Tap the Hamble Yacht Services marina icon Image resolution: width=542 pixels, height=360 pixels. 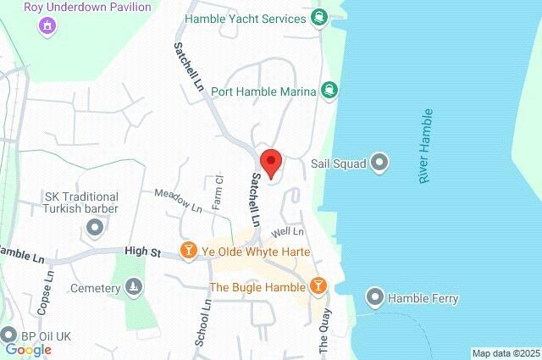(x=318, y=17)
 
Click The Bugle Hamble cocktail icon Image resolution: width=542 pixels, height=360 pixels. (x=318, y=287)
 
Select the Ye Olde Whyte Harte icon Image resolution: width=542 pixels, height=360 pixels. (x=189, y=251)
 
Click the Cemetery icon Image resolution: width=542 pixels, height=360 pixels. (x=132, y=288)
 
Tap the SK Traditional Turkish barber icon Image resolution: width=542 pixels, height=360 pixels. (x=94, y=227)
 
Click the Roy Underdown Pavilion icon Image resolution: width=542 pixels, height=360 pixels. (x=48, y=25)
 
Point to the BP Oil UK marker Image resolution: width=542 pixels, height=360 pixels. (x=10, y=335)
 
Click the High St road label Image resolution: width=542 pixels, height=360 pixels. (x=142, y=251)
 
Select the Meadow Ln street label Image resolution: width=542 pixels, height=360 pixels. (x=179, y=201)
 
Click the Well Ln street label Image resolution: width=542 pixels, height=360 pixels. (x=287, y=230)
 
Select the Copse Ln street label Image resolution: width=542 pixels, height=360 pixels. (x=49, y=290)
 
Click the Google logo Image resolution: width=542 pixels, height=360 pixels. (x=28, y=349)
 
